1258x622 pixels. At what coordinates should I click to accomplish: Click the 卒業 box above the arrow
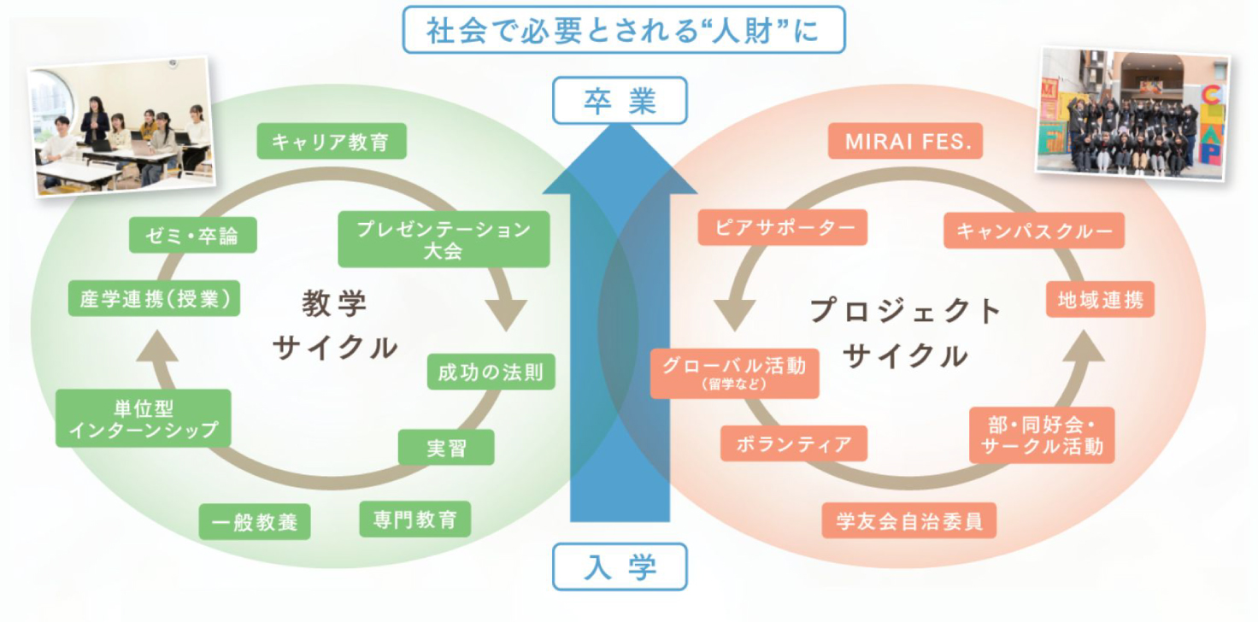pyautogui.click(x=620, y=100)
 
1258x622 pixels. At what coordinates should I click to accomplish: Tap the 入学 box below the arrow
pyautogui.click(x=620, y=566)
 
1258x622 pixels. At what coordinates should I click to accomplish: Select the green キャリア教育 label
pyautogui.click(x=332, y=141)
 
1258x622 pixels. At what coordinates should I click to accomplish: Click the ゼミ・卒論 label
pyautogui.click(x=195, y=235)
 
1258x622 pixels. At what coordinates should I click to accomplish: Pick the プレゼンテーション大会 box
pyautogui.click(x=443, y=239)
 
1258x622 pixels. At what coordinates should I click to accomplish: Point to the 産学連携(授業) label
pyautogui.click(x=154, y=299)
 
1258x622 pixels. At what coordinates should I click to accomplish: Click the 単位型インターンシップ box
pyautogui.click(x=144, y=419)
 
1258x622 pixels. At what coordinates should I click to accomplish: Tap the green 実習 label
pyautogui.click(x=446, y=447)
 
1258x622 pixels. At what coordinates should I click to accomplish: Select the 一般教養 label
pyautogui.click(x=255, y=521)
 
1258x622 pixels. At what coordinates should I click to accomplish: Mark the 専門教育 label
pyautogui.click(x=414, y=519)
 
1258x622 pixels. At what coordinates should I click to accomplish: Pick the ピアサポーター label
pyautogui.click(x=782, y=227)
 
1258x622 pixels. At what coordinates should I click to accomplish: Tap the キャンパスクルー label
pyautogui.click(x=1034, y=231)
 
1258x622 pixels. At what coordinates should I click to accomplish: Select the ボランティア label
pyautogui.click(x=794, y=443)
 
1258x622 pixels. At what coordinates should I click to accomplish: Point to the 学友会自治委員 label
pyautogui.click(x=909, y=520)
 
